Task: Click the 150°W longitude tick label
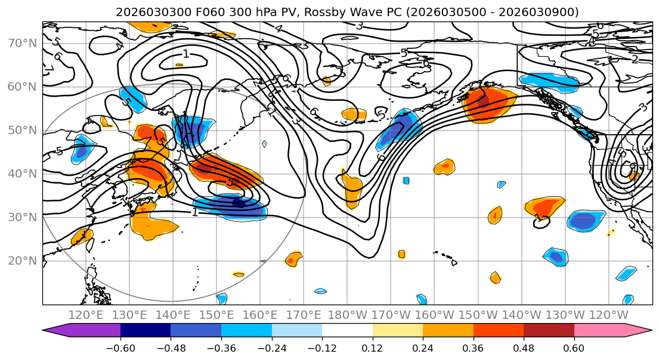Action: click(478, 315)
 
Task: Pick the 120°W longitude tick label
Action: click(608, 315)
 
